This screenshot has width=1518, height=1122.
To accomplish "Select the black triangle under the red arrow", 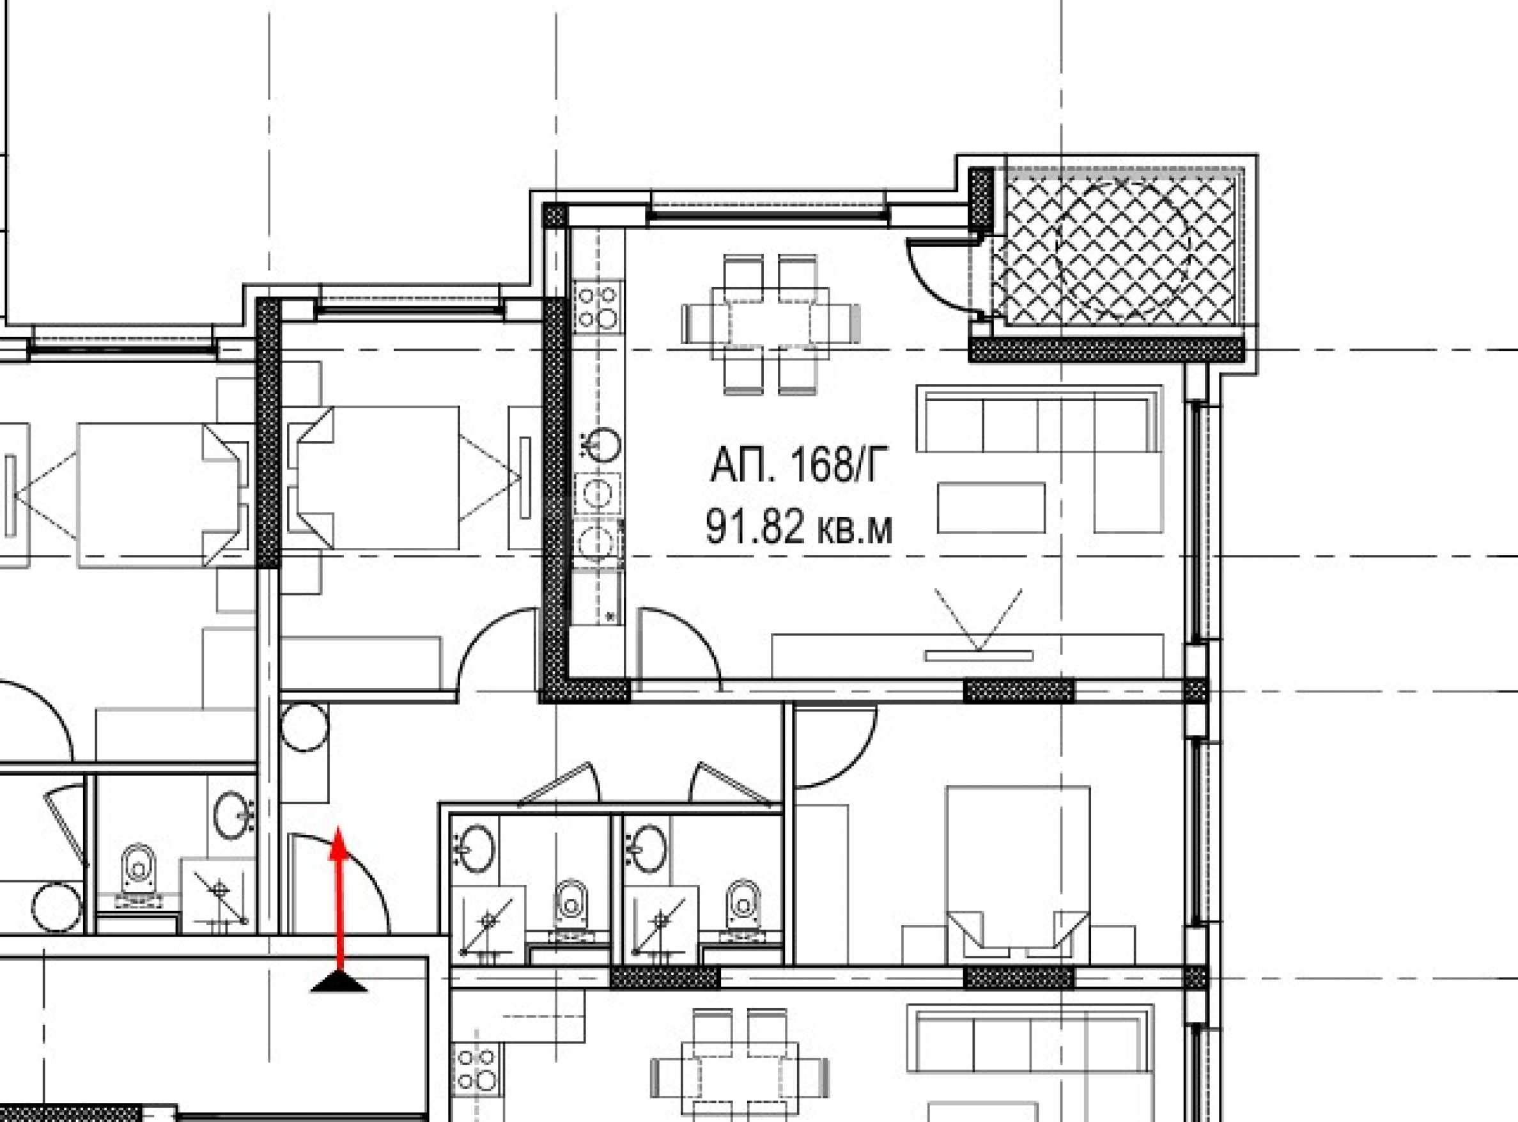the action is click(339, 981).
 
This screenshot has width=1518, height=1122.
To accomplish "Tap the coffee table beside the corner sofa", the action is click(991, 508).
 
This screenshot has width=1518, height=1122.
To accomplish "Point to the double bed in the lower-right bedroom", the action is click(1018, 873).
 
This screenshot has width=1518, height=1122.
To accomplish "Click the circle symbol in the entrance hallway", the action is click(304, 728).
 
